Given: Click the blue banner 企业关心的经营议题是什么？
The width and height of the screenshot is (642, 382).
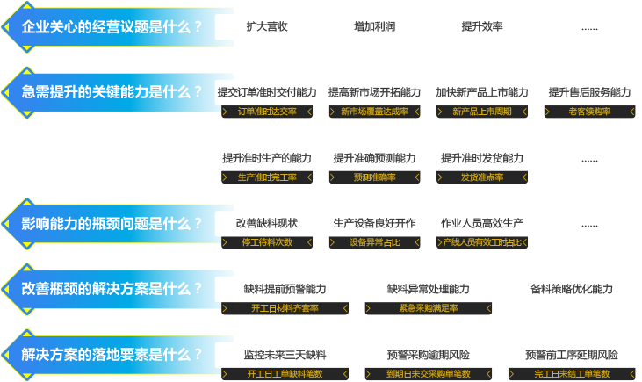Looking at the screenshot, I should (110, 26).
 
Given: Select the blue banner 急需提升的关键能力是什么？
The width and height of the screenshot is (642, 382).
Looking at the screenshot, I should (110, 92).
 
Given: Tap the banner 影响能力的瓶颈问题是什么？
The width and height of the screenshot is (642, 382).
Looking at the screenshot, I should (110, 223).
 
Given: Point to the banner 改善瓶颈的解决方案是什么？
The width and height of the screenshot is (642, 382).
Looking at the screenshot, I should (110, 289).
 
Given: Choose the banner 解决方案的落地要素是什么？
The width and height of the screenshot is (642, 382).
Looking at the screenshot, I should (110, 355).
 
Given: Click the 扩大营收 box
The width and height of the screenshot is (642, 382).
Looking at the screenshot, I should (267, 26).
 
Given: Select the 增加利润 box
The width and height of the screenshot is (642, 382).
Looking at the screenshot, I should (374, 26).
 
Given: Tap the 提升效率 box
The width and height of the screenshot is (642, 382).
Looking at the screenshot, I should (482, 26).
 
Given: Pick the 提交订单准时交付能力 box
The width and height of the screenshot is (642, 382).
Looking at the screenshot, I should (267, 92).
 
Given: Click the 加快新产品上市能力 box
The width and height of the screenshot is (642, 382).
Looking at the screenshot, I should (482, 92).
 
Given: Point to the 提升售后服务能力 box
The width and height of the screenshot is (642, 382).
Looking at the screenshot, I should (589, 92).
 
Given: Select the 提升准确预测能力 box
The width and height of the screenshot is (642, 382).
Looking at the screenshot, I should (374, 158).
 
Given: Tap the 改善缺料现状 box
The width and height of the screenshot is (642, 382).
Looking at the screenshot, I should (267, 223).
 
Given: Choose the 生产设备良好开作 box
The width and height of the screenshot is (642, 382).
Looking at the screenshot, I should (374, 223).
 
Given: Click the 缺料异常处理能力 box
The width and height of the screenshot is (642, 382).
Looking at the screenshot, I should (428, 289).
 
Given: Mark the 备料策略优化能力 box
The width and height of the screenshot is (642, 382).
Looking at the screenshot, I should (571, 289).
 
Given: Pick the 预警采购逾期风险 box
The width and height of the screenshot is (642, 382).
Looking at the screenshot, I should (428, 355).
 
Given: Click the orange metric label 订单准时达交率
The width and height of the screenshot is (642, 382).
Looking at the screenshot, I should (267, 112).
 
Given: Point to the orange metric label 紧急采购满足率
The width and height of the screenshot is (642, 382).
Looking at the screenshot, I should (428, 308).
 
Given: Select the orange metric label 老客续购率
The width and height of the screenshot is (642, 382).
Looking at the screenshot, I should (589, 112).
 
